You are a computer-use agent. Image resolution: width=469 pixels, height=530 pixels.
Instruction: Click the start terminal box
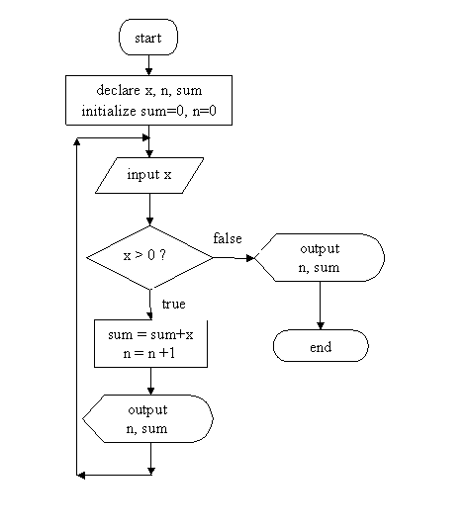(x=148, y=38)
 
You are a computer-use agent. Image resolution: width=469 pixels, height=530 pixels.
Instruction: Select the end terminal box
(x=321, y=346)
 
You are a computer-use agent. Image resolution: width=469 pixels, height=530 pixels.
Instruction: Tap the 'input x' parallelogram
(x=149, y=175)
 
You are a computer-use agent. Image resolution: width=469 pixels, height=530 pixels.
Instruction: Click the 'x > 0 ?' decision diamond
(x=149, y=257)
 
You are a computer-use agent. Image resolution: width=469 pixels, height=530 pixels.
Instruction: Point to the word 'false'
(x=228, y=238)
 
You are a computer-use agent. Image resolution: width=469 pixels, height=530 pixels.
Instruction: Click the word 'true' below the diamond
(x=174, y=305)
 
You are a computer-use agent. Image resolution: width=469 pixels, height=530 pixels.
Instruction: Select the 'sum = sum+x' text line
(x=150, y=334)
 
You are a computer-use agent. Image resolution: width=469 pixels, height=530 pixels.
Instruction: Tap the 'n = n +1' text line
(x=149, y=353)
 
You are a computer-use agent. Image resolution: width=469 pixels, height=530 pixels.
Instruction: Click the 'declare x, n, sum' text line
(x=149, y=90)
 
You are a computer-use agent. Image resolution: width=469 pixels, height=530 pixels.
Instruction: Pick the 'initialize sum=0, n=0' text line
(x=148, y=111)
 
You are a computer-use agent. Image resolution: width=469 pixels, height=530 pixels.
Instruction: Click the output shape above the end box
(x=320, y=257)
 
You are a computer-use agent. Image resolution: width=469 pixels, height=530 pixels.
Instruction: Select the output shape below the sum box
(x=147, y=419)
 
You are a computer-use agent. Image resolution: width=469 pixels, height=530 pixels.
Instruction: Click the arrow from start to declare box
(x=148, y=65)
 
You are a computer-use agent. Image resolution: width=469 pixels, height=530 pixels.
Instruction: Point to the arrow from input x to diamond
(x=149, y=210)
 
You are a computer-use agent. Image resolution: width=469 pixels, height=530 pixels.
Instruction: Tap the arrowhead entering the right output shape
(x=250, y=258)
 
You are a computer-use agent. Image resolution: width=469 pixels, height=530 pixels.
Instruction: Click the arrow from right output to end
(x=321, y=306)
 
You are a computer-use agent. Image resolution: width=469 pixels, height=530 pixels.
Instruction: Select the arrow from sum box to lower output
(x=150, y=381)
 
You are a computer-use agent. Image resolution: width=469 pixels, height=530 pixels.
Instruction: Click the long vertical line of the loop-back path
(x=77, y=307)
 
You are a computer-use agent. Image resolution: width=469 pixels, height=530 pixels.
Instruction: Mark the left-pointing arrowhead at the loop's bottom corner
(x=81, y=476)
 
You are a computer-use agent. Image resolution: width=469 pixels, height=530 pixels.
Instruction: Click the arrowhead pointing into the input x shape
(x=149, y=153)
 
